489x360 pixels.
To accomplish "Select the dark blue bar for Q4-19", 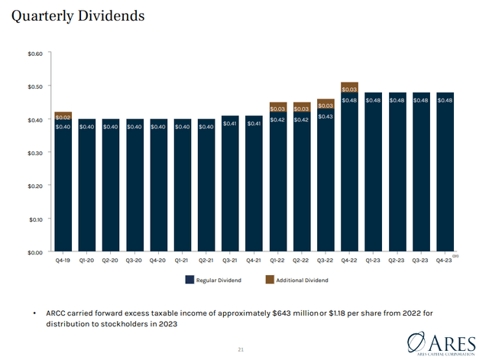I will (x=63, y=191).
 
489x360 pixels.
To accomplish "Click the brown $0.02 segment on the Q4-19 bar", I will (x=63, y=116).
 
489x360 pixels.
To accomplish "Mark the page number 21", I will (x=241, y=349).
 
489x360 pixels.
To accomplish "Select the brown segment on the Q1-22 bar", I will (x=278, y=107).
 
